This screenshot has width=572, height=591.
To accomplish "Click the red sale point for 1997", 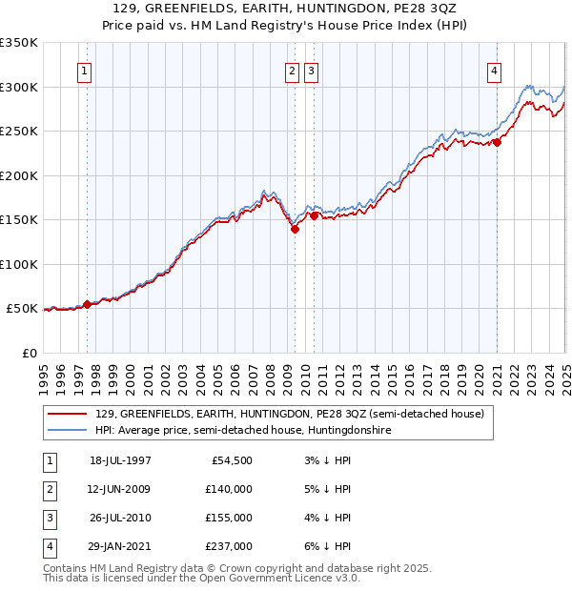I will coord(87,304).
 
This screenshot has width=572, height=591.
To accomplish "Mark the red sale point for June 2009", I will coord(295,229).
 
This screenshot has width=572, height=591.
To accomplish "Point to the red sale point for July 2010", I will coord(314,215).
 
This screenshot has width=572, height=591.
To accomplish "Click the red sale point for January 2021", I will coord(497,143).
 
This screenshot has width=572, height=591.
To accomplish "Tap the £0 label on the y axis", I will coord(29,353).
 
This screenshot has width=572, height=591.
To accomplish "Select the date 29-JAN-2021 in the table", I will coord(120,546).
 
